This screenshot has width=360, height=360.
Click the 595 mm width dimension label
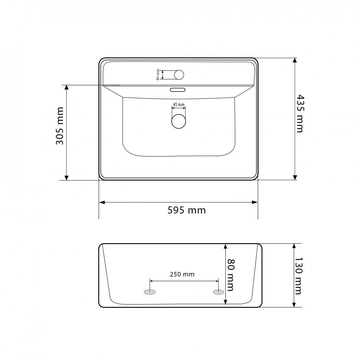(187, 210)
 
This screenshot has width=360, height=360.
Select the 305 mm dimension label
(60, 126)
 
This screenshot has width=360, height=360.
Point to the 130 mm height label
(298, 276)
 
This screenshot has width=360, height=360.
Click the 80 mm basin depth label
(231, 275)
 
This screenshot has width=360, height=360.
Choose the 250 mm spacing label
(182, 274)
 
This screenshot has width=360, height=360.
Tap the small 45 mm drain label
(179, 105)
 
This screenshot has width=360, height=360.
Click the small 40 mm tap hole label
(158, 75)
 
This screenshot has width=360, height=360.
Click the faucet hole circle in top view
(179, 75)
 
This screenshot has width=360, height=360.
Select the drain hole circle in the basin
(178, 121)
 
